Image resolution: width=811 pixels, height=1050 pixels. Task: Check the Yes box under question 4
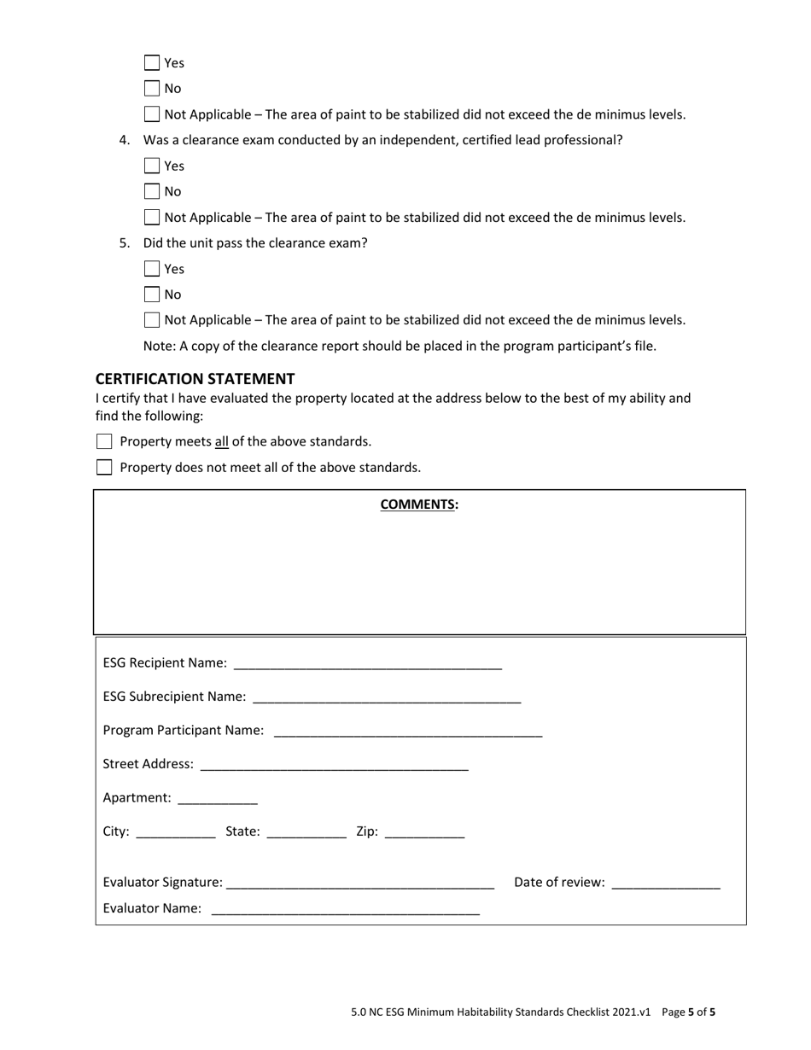click(x=152, y=166)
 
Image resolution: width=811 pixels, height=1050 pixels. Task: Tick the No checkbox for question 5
click(x=152, y=295)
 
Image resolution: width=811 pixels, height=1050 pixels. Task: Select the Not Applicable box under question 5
click(x=152, y=320)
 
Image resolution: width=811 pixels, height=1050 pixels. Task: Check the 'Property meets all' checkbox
click(x=104, y=441)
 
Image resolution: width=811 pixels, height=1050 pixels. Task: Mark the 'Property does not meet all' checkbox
click(x=104, y=467)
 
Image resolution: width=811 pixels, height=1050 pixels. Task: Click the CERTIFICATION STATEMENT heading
click(x=195, y=378)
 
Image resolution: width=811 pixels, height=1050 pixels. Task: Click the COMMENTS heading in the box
click(x=418, y=504)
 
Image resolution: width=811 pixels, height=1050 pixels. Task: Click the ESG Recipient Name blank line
click(x=367, y=665)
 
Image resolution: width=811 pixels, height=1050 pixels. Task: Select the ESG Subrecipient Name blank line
click(x=387, y=698)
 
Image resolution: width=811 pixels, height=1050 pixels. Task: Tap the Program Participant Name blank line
click(x=408, y=732)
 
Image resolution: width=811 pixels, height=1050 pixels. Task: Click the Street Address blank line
click(x=334, y=766)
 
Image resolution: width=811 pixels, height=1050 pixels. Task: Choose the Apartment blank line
click(x=217, y=799)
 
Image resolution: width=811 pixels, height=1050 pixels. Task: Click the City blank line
click(x=176, y=833)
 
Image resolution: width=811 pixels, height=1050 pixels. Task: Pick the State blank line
click(x=306, y=833)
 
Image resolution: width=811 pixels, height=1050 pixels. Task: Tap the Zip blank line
click(x=424, y=833)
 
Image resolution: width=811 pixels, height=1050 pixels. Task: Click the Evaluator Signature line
click(x=360, y=884)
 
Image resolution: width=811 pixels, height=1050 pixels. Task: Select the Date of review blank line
click(x=666, y=884)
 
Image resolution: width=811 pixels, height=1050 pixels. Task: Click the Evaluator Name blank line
click(x=346, y=910)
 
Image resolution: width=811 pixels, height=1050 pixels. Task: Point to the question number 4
click(x=124, y=140)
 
